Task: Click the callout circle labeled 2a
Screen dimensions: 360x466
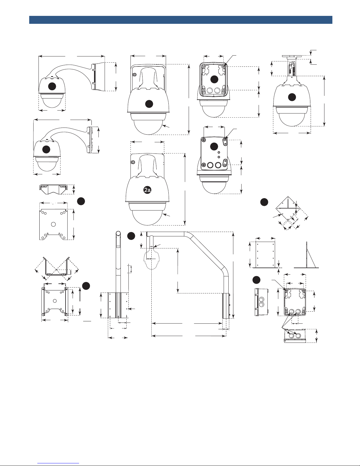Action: pos(147,190)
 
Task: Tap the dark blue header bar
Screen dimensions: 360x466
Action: pos(181,20)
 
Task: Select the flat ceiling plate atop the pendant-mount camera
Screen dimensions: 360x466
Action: pos(292,56)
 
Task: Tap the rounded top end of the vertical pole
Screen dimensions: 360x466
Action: pos(118,233)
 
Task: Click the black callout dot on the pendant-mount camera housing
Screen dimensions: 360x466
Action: pos(292,97)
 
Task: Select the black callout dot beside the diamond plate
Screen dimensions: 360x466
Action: pos(264,202)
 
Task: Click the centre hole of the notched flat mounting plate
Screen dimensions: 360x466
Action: pos(53,224)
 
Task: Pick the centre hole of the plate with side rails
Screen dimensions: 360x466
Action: pos(55,301)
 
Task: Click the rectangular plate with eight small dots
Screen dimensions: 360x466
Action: pos(265,255)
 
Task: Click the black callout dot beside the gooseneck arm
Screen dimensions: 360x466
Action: pos(131,236)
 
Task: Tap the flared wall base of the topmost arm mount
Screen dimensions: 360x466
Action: pos(98,76)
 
